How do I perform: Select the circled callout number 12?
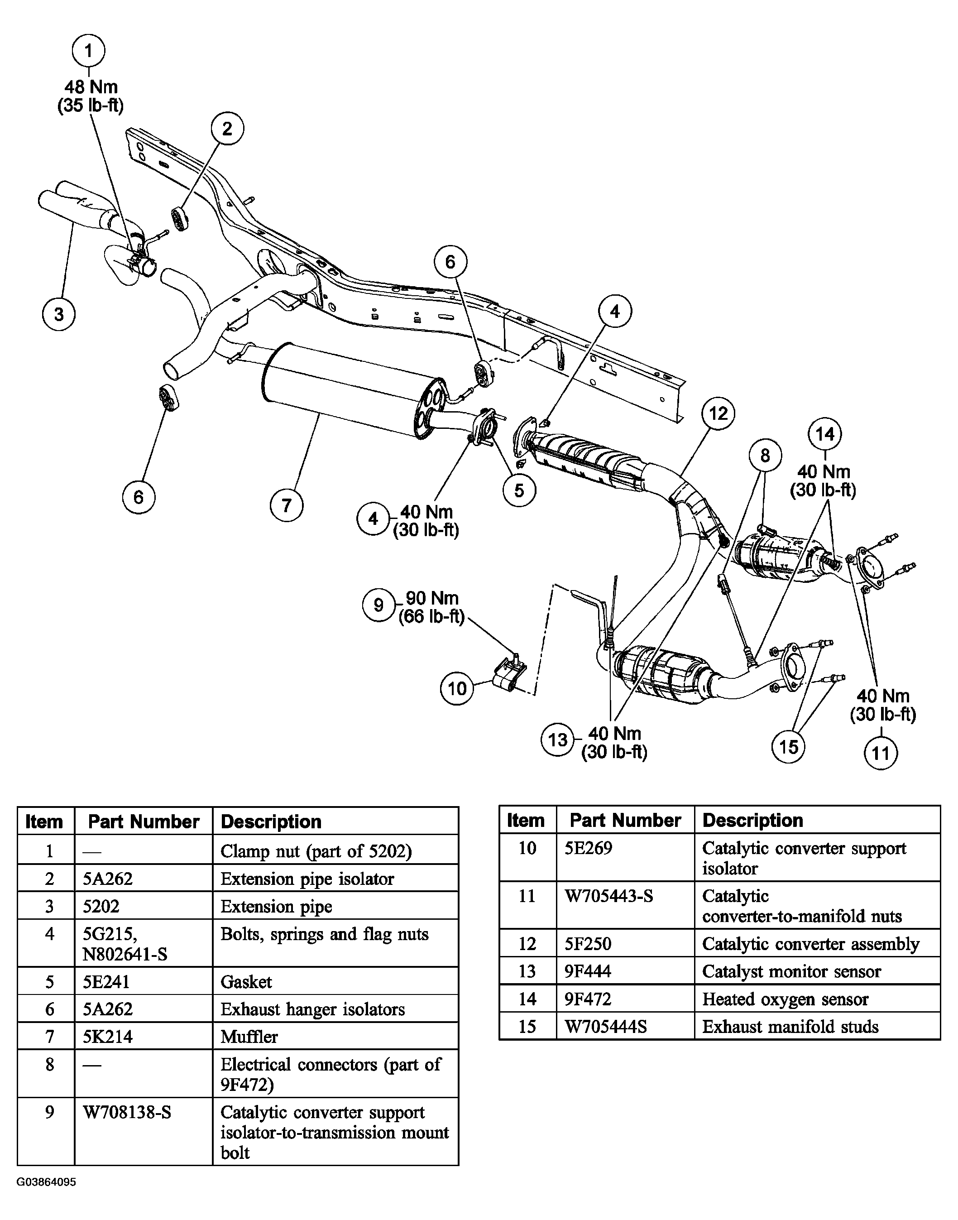tap(718, 413)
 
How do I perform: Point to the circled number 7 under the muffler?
tap(286, 505)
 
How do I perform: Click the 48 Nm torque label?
tap(91, 87)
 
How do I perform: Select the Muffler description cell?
tap(249, 1036)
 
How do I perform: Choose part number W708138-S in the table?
tap(127, 1112)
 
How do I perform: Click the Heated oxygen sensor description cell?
tap(785, 999)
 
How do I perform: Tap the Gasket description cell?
tap(246, 982)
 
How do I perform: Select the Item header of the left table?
tap(44, 822)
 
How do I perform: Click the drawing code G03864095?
tap(46, 1182)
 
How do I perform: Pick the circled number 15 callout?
tap(788, 747)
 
